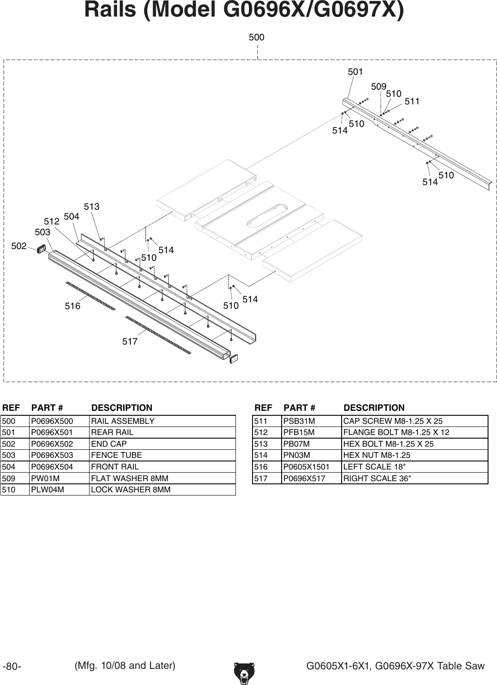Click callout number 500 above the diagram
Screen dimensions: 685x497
pos(257,38)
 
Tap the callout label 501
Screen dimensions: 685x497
pos(356,72)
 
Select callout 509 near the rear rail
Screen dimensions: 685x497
pos(379,86)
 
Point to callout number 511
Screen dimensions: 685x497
pos(412,102)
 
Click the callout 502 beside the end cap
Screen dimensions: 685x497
pos(19,246)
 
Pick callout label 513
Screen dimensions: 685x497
pos(92,207)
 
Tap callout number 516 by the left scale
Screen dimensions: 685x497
pos(73,306)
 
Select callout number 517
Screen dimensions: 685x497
pos(130,342)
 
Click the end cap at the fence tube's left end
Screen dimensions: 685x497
pos(42,248)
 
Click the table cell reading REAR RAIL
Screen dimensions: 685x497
pos(112,432)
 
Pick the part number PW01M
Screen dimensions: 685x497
pos(45,478)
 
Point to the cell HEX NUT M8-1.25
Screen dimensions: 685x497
pos(370,455)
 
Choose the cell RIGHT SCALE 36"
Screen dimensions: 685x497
pos(376,478)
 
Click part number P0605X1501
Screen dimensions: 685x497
pos(306,467)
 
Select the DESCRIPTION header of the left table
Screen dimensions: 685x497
pos(122,408)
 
